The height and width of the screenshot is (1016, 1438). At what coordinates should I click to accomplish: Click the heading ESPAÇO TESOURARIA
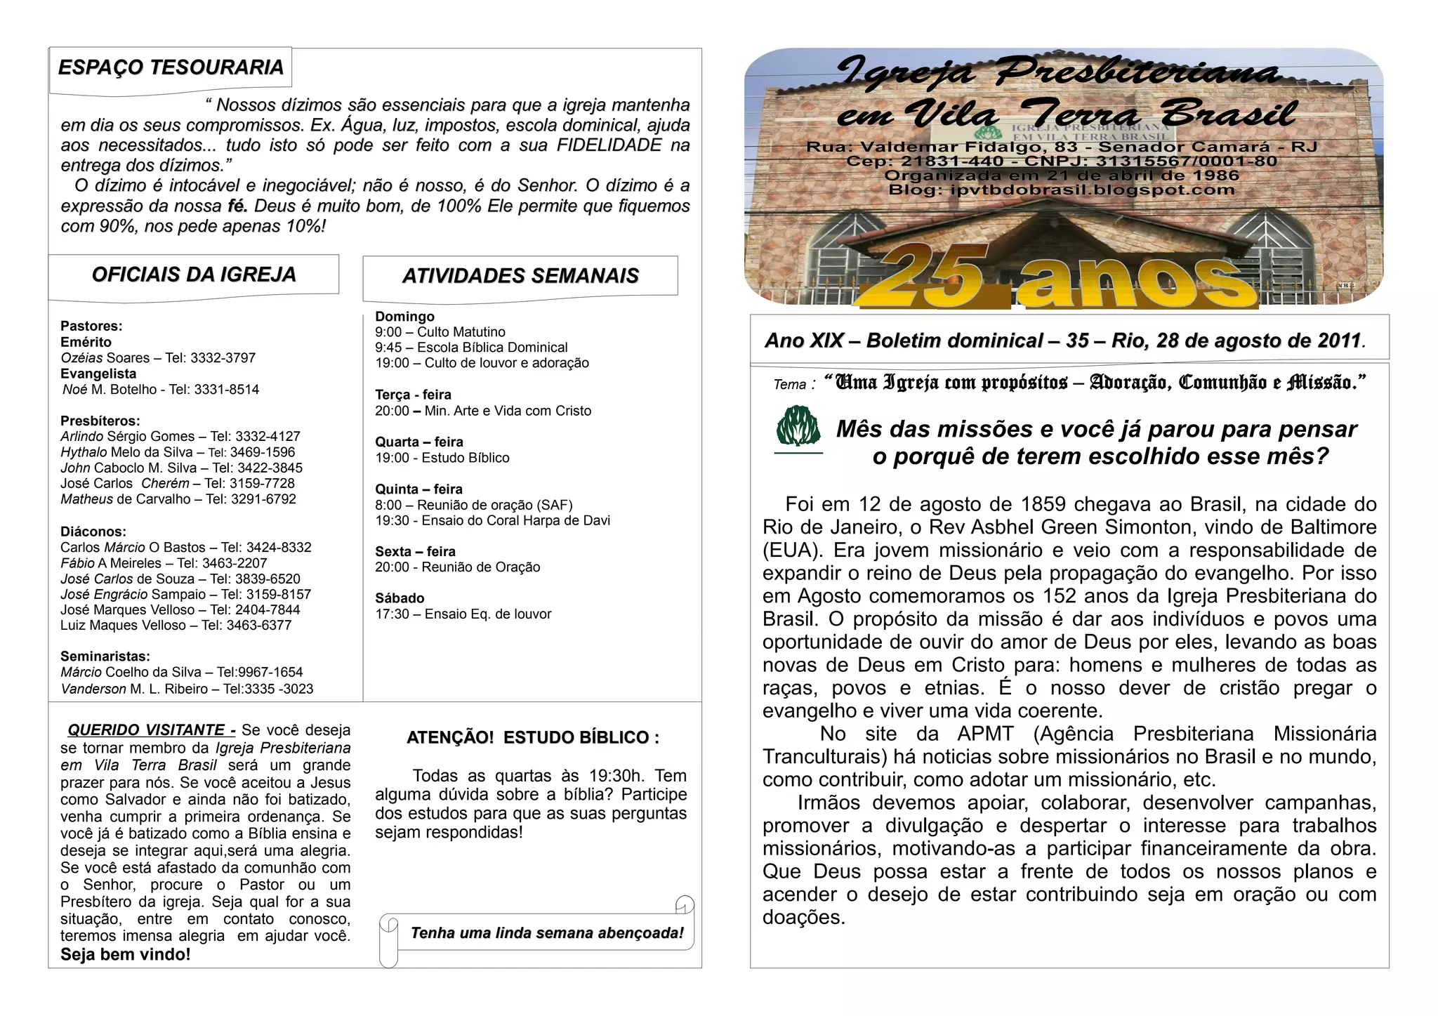pyautogui.click(x=171, y=67)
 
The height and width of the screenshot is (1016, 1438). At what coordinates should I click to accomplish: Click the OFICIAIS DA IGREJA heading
pyautogui.click(x=194, y=275)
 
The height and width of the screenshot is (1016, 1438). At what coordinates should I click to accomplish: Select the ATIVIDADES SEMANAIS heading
pyautogui.click(x=520, y=276)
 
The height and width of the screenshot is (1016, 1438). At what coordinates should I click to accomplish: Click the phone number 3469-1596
pyautogui.click(x=263, y=452)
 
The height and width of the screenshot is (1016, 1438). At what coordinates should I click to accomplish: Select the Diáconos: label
pyautogui.click(x=93, y=532)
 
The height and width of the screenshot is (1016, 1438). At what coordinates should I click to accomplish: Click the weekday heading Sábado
pyautogui.click(x=400, y=598)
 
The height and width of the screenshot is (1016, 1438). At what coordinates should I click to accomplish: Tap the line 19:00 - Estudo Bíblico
pyautogui.click(x=442, y=458)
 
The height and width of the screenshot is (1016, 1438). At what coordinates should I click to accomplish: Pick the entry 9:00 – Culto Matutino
pyautogui.click(x=440, y=332)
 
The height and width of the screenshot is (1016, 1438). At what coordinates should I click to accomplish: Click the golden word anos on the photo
pyautogui.click(x=1137, y=281)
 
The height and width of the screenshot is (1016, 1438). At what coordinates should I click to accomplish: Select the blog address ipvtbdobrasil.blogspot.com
pyautogui.click(x=1092, y=190)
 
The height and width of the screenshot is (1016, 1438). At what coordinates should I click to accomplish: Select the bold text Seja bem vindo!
pyautogui.click(x=126, y=954)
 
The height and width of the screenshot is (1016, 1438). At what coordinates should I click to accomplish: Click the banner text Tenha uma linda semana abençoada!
pyautogui.click(x=547, y=933)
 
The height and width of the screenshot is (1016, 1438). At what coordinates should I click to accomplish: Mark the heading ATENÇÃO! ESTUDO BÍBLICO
pyautogui.click(x=533, y=738)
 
